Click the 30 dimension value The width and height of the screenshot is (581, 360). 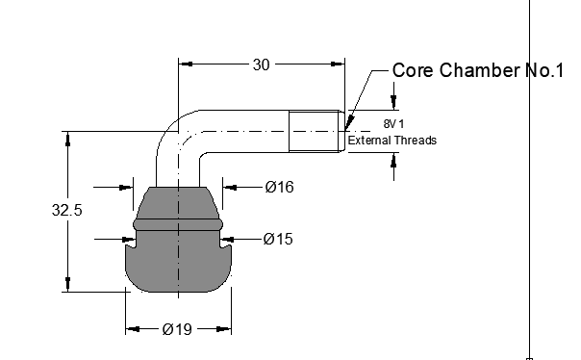[262, 64]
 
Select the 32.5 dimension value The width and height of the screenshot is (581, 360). [67, 210]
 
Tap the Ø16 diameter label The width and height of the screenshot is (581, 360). [280, 187]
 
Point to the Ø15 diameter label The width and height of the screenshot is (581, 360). [278, 239]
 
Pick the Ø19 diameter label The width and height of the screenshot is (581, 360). [178, 329]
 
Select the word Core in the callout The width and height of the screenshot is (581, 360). [414, 70]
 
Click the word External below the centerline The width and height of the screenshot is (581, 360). [369, 141]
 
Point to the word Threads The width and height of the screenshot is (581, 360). [415, 141]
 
